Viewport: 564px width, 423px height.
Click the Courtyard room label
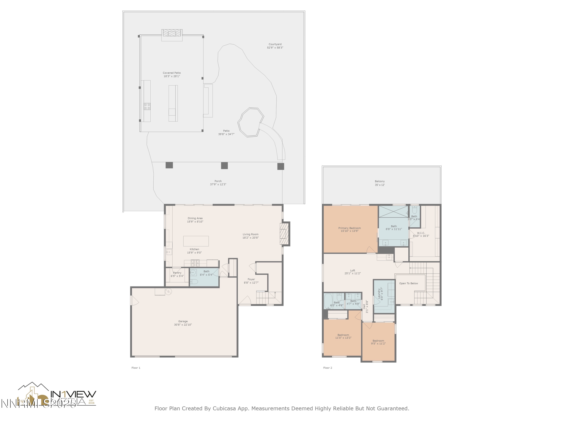tap(275, 44)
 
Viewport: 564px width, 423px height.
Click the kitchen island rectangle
tap(196, 241)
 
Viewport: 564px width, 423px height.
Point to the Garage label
tap(183, 321)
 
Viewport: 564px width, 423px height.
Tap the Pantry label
tap(177, 273)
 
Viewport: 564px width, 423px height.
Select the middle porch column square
tap(224, 165)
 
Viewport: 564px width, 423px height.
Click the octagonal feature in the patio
tap(250, 122)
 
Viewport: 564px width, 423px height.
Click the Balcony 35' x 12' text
tap(380, 185)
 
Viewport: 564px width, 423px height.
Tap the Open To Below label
tap(409, 283)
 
